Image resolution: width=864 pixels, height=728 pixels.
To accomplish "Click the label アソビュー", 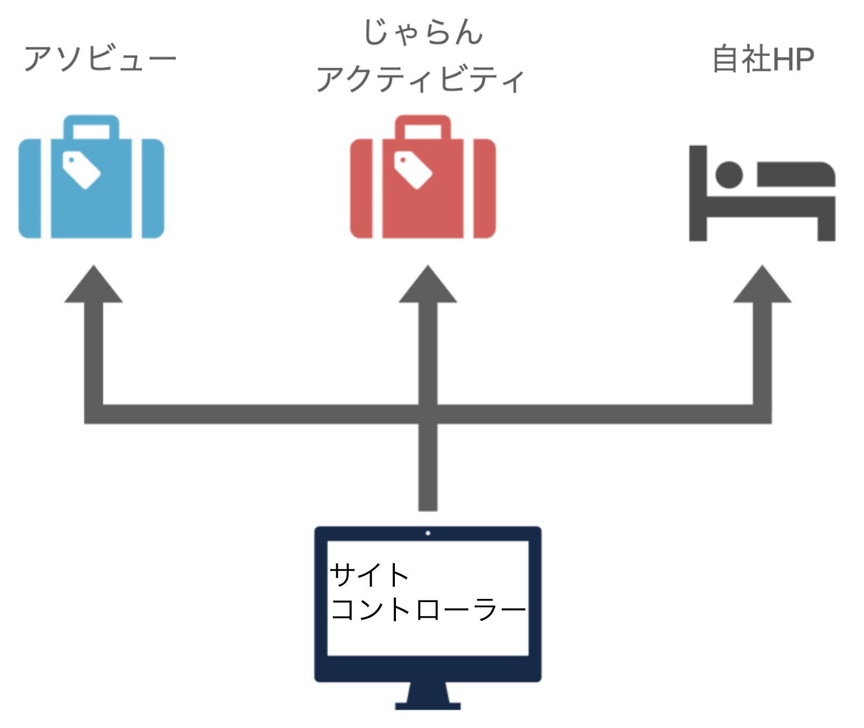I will coord(100,58).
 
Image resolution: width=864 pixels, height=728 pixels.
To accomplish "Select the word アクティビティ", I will coord(420,79).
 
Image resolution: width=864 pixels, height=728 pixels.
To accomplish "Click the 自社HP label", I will coord(762,59).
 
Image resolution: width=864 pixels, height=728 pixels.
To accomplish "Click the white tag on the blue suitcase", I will coord(81,169).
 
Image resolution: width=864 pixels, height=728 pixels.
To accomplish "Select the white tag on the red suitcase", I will coord(413,169).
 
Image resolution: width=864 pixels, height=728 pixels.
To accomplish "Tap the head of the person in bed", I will coord(729,175).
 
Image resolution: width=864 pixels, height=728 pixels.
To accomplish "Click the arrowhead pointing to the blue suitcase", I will coord(94,285).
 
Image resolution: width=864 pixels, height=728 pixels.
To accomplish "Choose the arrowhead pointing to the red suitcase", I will coord(428,285).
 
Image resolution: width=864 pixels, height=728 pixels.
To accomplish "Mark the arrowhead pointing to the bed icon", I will coord(762,285).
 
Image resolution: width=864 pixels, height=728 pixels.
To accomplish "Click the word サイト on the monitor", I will coord(369,575).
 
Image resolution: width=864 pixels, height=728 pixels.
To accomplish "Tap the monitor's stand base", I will coord(428,705).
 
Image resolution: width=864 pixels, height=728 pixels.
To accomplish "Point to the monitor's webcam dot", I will coord(428,533).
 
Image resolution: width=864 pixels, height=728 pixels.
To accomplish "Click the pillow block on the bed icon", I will coord(796,174).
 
